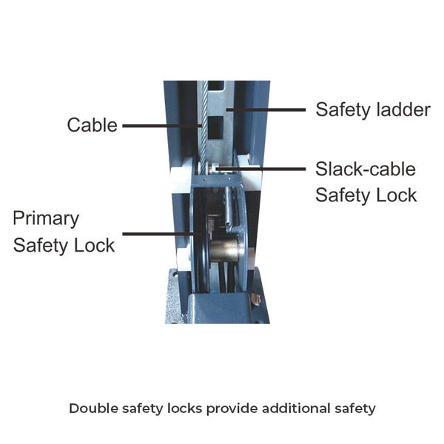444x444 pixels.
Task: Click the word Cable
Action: pyautogui.click(x=92, y=125)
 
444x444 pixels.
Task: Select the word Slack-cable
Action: pyautogui.click(x=366, y=169)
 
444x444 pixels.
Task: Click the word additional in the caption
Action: pyautogui.click(x=296, y=408)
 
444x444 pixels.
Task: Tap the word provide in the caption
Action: pyautogui.click(x=232, y=409)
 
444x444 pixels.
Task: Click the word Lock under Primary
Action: pyautogui.click(x=94, y=245)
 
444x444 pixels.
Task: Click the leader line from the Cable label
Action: pyautogui.click(x=162, y=126)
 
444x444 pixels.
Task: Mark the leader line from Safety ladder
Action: pyautogui.click(x=266, y=110)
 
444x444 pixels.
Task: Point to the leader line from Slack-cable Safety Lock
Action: pyautogui.click(x=261, y=169)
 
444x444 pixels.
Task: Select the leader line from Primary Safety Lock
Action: pyautogui.click(x=162, y=234)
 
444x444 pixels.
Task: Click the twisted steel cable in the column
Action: pyautogui.click(x=204, y=127)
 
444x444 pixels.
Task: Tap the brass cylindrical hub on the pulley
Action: pyautogui.click(x=223, y=250)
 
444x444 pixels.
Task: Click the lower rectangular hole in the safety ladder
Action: pyautogui.click(x=216, y=127)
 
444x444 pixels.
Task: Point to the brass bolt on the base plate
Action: pyautogui.click(x=256, y=299)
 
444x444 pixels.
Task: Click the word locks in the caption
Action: pyautogui.click(x=184, y=408)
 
